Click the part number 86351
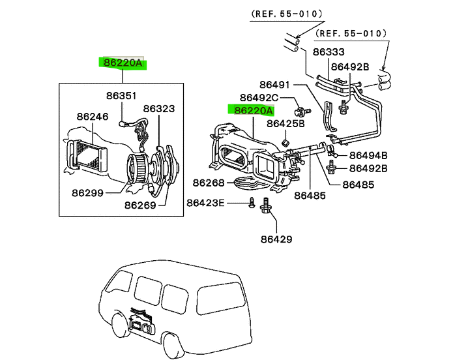point(122,96)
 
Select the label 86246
point(92,117)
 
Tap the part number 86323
point(159,109)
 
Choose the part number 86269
point(141,205)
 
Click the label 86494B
point(368,155)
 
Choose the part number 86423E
point(205,203)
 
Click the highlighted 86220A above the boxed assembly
point(123,63)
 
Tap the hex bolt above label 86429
point(266,207)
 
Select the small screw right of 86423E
point(251,204)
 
